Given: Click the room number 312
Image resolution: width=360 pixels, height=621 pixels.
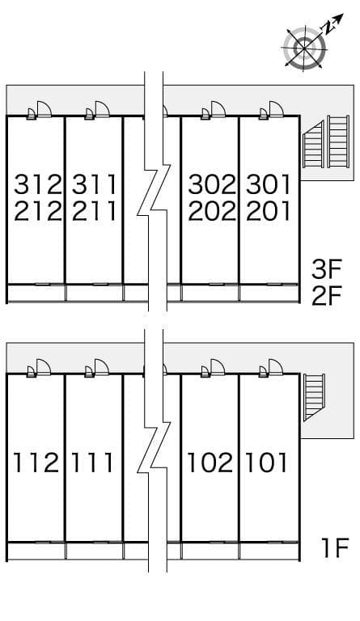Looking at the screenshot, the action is (x=38, y=184).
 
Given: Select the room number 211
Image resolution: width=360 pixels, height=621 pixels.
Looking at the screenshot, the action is (x=95, y=211).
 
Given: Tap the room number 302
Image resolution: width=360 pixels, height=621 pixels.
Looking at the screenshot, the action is (x=212, y=184).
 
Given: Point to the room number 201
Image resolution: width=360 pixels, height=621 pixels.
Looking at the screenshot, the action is (x=268, y=211).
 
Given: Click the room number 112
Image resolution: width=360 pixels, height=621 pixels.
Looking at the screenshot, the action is (x=36, y=463).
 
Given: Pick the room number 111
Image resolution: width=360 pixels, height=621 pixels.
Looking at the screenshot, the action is (x=92, y=463).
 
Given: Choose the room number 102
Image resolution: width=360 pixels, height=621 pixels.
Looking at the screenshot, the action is (x=210, y=463).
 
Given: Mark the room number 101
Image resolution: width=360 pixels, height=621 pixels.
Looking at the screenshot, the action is (x=265, y=463).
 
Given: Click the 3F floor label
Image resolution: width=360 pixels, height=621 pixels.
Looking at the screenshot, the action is (x=326, y=269).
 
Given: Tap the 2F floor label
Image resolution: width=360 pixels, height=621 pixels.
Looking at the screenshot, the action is (x=326, y=296).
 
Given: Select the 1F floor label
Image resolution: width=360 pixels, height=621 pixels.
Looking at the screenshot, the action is (x=335, y=547).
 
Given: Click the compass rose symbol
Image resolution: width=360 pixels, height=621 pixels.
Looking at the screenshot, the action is (x=304, y=49).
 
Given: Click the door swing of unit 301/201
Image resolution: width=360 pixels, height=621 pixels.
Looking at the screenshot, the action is (x=277, y=109).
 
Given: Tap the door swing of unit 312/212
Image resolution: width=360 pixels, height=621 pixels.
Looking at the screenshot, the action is (x=44, y=109).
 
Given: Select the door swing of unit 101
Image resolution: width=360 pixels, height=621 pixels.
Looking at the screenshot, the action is (x=276, y=367).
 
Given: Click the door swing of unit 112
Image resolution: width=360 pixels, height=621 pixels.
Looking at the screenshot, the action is (x=44, y=367).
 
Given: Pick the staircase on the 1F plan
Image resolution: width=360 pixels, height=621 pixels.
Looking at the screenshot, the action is (x=314, y=397).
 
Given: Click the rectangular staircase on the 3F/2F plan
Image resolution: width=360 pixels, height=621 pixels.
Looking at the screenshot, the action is (x=338, y=142).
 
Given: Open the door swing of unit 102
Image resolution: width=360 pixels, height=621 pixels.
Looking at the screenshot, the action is (x=218, y=367).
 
